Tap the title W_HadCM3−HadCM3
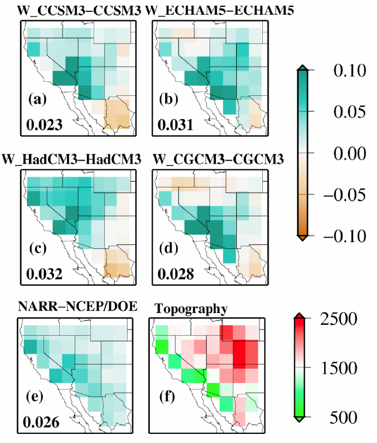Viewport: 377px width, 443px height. click(x=72, y=161)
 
